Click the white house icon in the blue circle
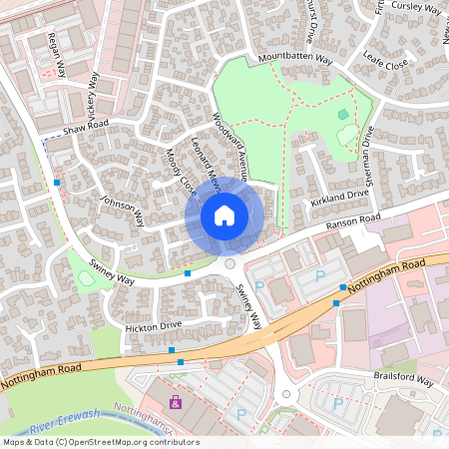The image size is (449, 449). tap(224, 215)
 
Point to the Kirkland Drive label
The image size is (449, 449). tap(339, 198)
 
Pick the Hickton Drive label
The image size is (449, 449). tap(154, 326)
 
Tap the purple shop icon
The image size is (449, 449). tap(176, 403)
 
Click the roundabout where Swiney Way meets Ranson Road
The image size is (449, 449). tap(230, 264)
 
